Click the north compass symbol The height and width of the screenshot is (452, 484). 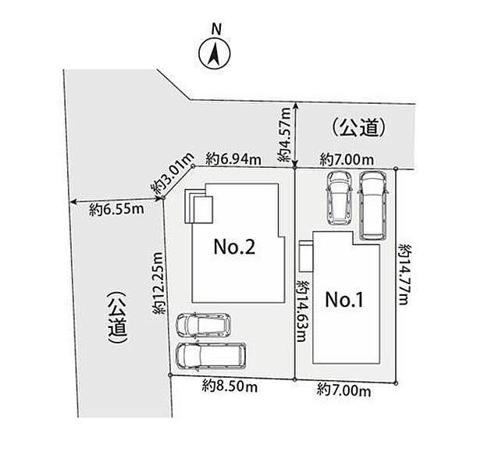coord(215,54)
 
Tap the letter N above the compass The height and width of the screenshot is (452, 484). coord(216,30)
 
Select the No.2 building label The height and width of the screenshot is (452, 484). coord(235,247)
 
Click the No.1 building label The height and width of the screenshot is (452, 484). coord(344,300)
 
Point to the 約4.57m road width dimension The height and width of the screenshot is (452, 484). coord(284,134)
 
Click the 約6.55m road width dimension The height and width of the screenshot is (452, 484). coord(116,210)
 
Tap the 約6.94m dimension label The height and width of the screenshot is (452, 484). coord(233,159)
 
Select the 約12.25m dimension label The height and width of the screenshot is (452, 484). coord(158,283)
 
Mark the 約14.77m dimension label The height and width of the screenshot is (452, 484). coord(404,274)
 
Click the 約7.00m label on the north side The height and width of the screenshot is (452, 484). coord(347,160)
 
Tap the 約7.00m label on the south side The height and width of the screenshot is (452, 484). coord(343,391)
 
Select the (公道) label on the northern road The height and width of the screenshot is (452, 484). coord(359,127)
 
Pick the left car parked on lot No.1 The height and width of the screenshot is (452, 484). coord(340,198)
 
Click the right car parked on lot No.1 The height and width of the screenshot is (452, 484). coord(373,205)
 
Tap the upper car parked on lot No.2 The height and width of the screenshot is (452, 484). coord(203,326)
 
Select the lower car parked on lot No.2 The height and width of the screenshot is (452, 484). coord(211,356)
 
